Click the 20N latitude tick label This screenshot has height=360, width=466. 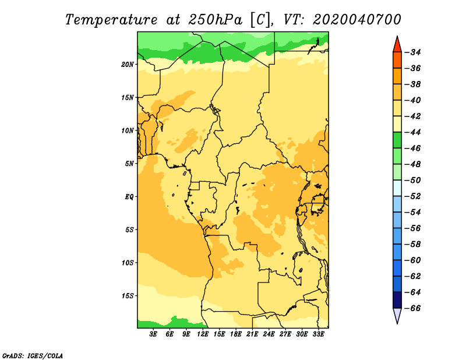coord(127,65)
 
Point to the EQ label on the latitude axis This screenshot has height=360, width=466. coord(129,197)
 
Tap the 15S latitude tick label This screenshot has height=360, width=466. coord(128,296)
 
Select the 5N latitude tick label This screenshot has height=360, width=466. coord(129,164)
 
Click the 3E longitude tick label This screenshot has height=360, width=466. coord(153,334)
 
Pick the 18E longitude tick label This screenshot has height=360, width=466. coord(236,334)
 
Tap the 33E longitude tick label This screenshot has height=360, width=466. coord(318,334)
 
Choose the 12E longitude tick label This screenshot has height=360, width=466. coord(203,334)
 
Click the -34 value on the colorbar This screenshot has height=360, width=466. coord(413,52)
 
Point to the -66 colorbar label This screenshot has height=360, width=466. coord(413,308)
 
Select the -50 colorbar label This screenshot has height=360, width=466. coord(413,180)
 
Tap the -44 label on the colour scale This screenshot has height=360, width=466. coord(413,132)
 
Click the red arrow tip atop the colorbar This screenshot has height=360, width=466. coord(397,37)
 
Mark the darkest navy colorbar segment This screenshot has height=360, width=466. coord(397,300)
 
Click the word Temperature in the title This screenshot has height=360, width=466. coord(111,20)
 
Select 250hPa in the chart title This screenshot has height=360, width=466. coord(215,20)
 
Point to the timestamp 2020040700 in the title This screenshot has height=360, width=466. coord(357,20)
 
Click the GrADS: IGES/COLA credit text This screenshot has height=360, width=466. coord(33,356)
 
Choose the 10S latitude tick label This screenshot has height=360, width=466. coord(128,263)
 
